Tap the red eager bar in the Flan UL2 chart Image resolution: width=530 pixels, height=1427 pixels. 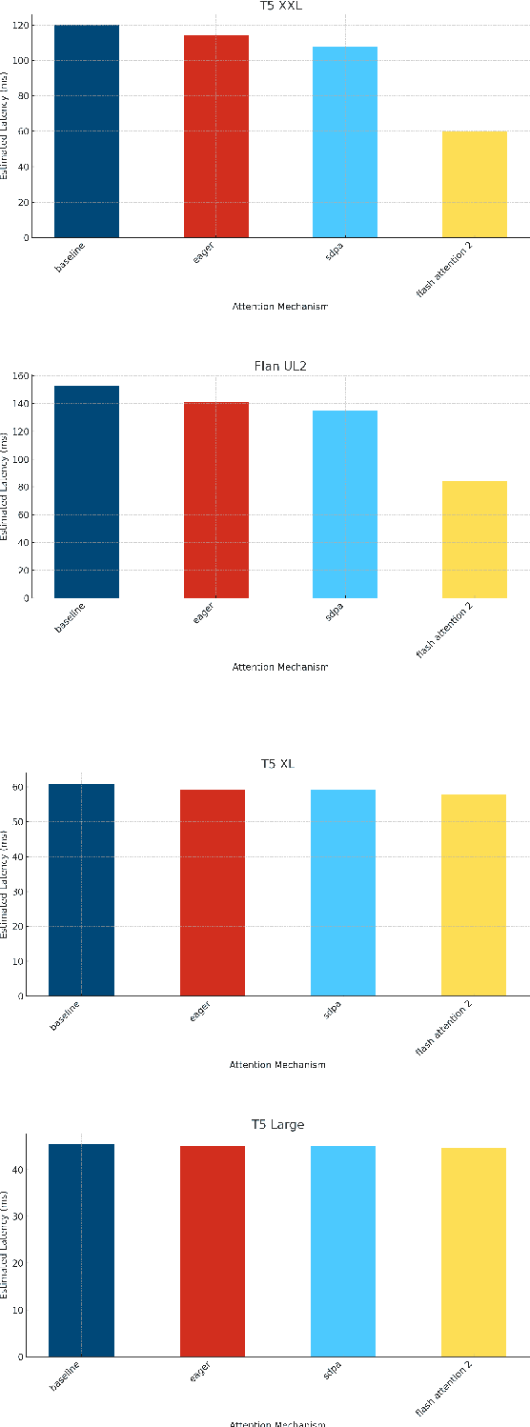click(215, 500)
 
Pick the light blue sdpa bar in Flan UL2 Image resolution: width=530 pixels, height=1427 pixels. click(345, 504)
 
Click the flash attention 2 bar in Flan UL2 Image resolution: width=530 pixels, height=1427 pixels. click(474, 539)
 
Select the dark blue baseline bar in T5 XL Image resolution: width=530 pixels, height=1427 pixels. click(81, 890)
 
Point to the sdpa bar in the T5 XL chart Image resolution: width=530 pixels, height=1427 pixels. click(343, 893)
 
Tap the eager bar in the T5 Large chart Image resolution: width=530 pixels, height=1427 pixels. click(213, 1251)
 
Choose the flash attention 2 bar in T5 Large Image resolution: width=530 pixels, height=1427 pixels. click(474, 1252)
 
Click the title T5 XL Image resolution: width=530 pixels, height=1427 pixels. click(277, 764)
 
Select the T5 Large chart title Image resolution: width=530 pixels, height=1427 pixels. click(277, 1125)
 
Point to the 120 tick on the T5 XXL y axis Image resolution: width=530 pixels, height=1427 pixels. click(19, 26)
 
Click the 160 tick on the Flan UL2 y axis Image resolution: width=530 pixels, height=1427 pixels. click(19, 375)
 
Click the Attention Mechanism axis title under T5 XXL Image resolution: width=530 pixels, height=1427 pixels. click(279, 307)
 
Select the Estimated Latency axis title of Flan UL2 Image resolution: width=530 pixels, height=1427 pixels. click(5, 486)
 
